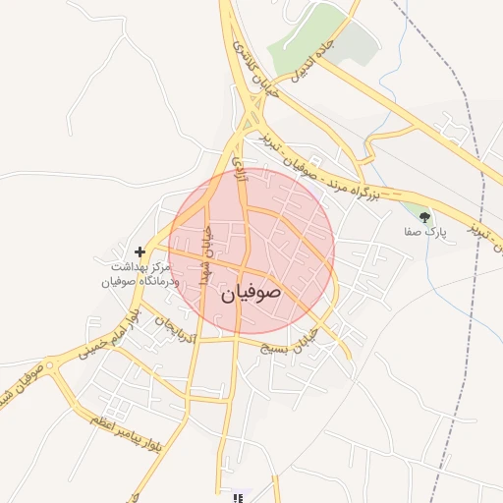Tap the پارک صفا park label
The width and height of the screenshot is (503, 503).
pos(424,234)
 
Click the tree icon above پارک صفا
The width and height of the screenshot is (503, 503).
pos(424,217)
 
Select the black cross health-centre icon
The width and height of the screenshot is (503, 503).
pos(140,252)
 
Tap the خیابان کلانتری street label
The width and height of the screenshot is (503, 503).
pos(257,68)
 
